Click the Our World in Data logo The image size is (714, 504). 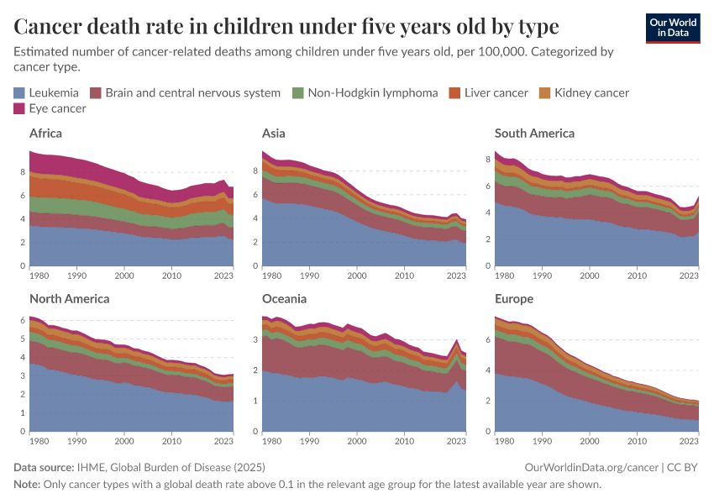(672, 28)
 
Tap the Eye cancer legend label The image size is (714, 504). (57, 108)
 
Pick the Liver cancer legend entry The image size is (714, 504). (496, 92)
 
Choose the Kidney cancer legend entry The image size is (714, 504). (591, 92)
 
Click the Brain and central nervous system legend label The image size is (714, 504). (192, 92)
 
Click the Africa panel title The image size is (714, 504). (45, 133)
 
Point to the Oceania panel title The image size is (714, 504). (284, 298)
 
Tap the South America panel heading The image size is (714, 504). (534, 133)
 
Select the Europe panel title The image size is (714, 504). (514, 298)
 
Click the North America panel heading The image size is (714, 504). (69, 298)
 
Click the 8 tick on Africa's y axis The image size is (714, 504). (23, 171)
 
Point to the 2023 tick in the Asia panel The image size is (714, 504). (456, 275)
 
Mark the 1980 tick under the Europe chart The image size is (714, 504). (505, 440)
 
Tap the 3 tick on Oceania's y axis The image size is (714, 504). (255, 339)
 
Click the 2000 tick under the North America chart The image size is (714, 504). (124, 440)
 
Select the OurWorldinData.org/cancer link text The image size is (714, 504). (587, 467)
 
